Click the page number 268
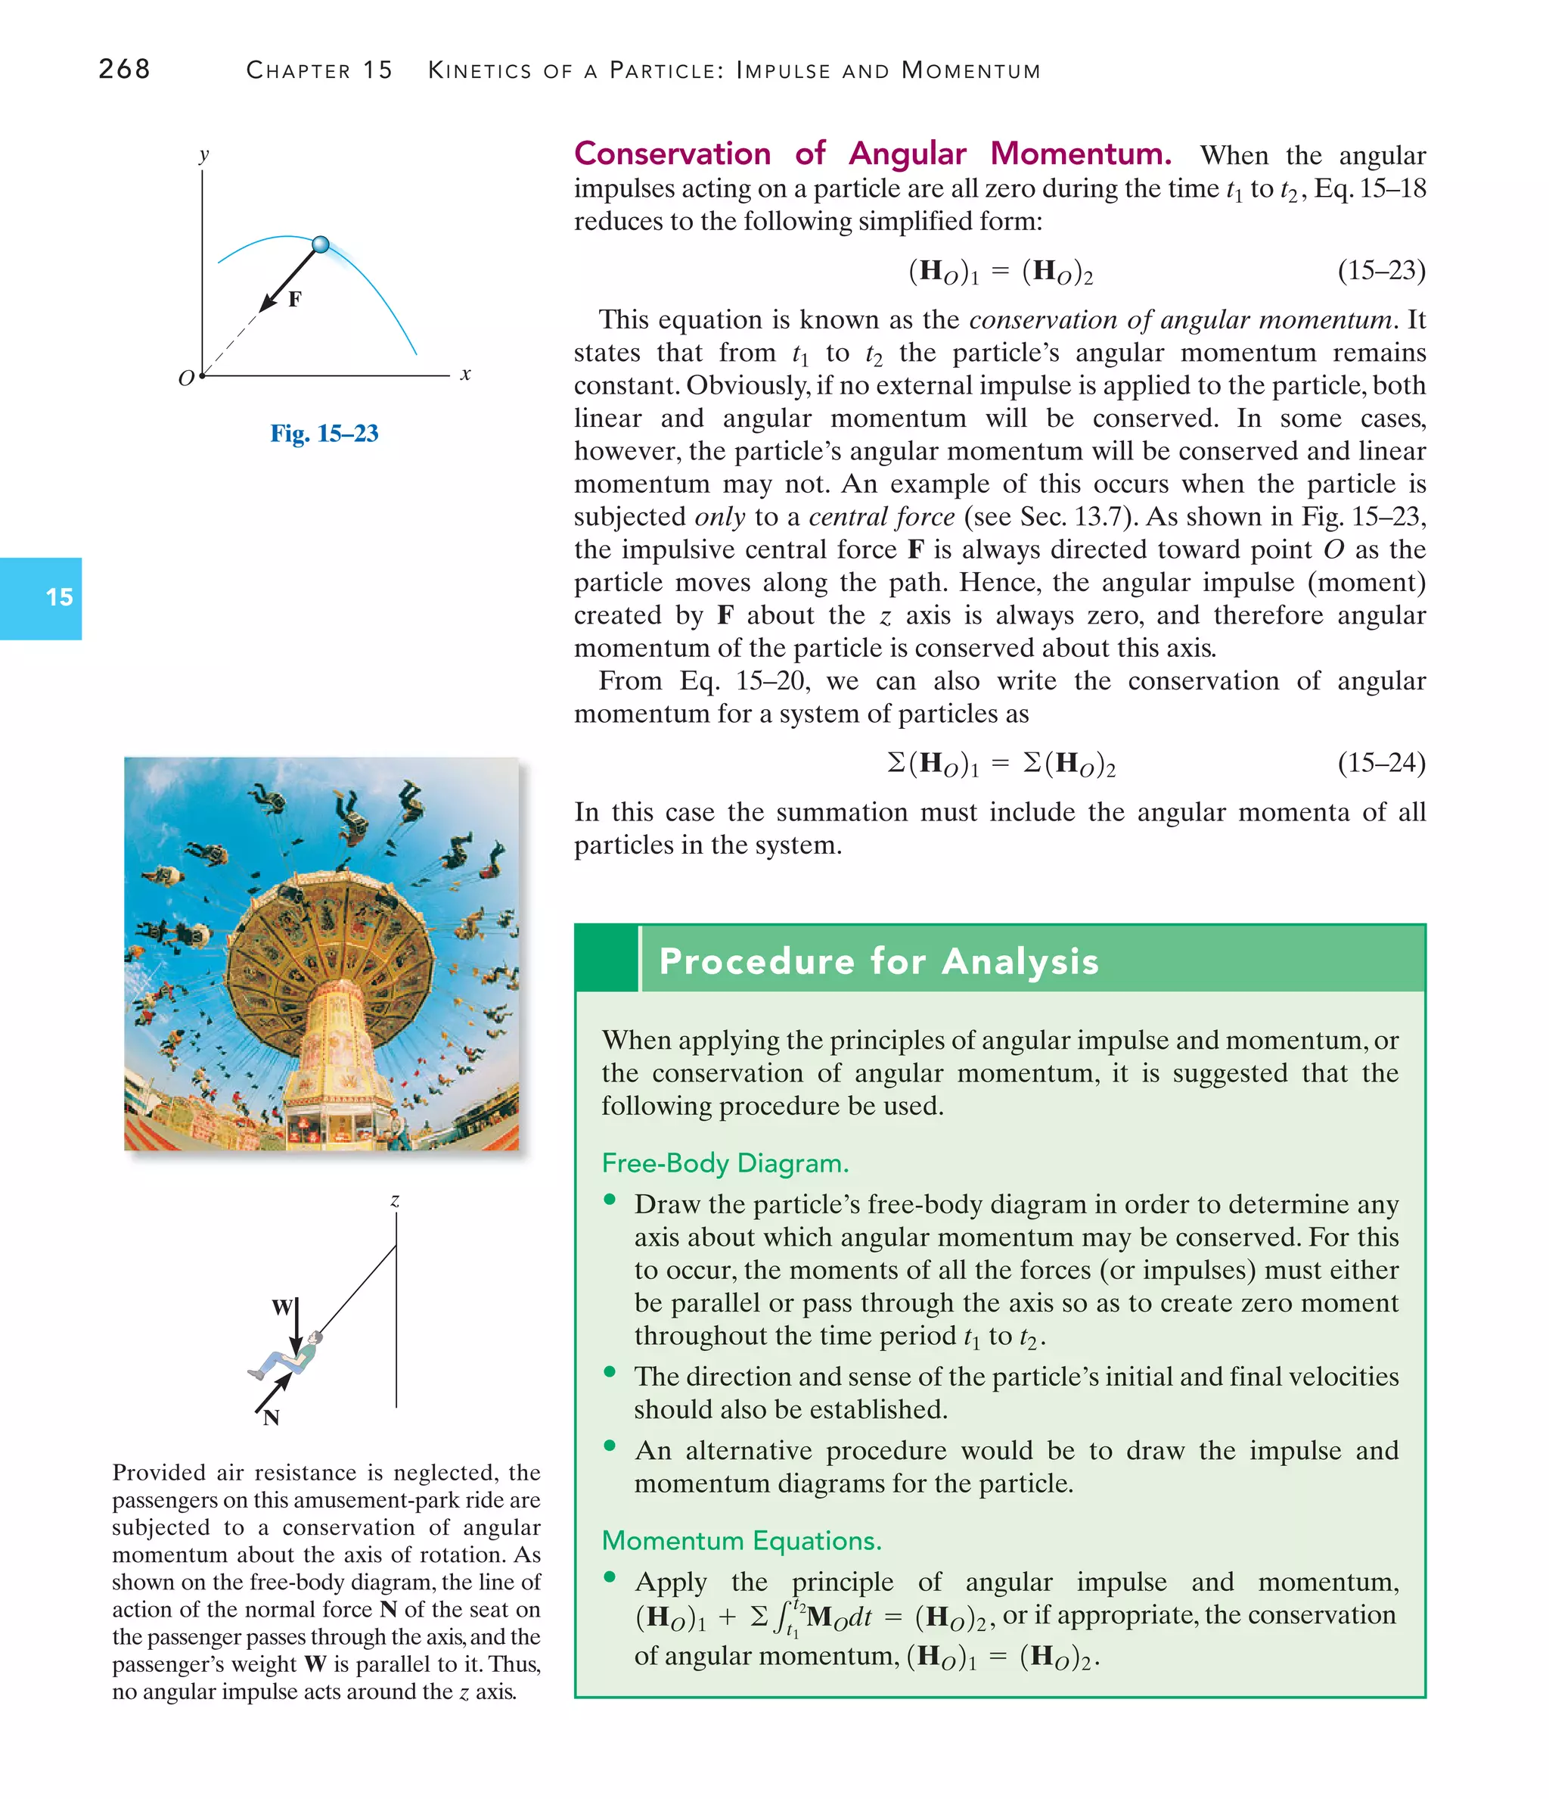coord(124,69)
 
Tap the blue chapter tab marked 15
coord(41,598)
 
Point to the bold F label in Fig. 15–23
coord(295,300)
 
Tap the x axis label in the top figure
coord(466,374)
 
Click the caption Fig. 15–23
coord(324,433)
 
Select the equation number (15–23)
coord(1380,271)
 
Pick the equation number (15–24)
coord(1380,762)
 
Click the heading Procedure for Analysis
coord(878,961)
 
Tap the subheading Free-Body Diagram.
coord(725,1163)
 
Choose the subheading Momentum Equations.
coord(741,1540)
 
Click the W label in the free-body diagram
coord(282,1307)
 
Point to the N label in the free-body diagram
coord(272,1418)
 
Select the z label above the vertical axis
coord(395,1201)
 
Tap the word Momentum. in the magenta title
coord(1080,154)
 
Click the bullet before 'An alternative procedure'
coord(610,1446)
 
